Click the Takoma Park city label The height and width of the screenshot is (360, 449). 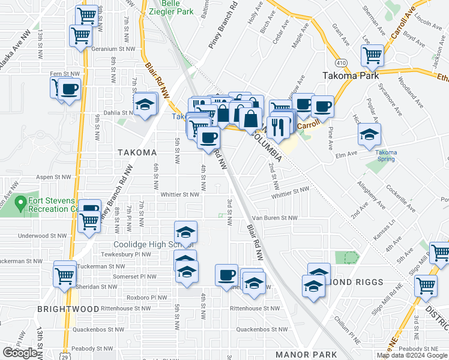[x=350, y=76]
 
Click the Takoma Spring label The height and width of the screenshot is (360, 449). [x=386, y=156]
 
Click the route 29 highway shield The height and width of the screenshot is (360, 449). [x=68, y=356]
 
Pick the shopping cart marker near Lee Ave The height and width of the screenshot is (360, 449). [x=373, y=56]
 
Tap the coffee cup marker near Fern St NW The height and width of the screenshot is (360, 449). [x=69, y=89]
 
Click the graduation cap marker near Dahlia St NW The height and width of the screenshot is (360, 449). [x=145, y=105]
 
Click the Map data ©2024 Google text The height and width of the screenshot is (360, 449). [x=412, y=355]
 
